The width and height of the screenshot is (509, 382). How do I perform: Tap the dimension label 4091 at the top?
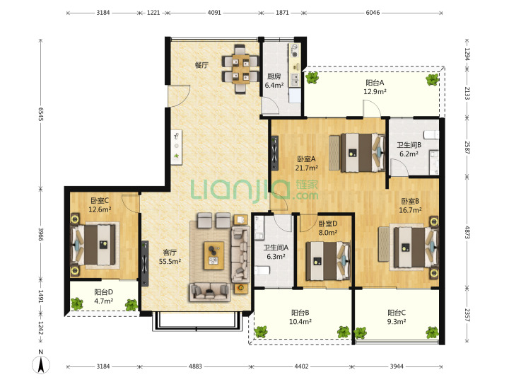pos(214,13)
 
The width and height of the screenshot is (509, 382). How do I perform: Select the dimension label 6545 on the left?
pos(41,114)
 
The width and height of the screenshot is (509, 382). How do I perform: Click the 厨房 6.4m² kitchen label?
pos(274,81)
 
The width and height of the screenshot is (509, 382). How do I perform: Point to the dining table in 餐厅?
pos(240,69)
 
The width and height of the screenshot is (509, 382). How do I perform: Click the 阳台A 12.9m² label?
pos(375,87)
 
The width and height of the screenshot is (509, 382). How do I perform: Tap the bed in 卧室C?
pos(94,244)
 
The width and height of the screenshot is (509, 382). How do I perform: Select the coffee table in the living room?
pos(214,255)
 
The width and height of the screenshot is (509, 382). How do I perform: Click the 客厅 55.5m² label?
pos(170,257)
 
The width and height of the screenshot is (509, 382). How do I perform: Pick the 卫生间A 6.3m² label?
pos(276,252)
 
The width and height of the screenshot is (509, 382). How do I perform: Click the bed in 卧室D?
pos(328,261)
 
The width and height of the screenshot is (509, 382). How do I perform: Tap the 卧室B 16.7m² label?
pos(410,206)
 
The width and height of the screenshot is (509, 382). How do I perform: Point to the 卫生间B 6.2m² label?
pos(409,149)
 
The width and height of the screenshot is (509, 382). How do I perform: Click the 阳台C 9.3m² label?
pos(397,317)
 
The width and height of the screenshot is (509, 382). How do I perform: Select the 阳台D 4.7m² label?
pos(103,296)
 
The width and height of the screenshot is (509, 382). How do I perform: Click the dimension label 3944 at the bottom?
pos(397,366)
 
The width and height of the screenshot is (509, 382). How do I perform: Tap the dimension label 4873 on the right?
pos(467,232)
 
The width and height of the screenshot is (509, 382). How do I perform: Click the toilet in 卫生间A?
pos(262,270)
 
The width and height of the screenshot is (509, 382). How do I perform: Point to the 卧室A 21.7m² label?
pos(306,163)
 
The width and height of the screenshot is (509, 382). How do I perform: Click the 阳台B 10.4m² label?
pos(300,317)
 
